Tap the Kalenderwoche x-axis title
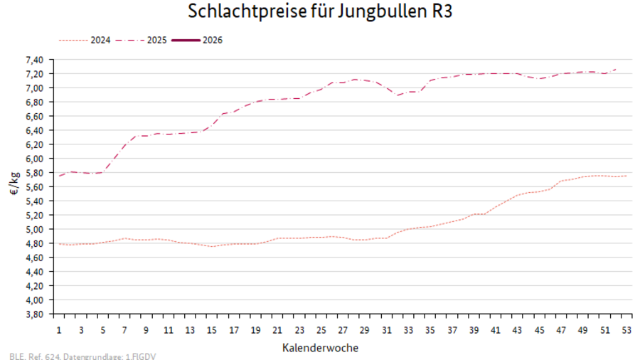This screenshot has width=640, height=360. [320, 348]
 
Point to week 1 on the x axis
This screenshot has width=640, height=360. [59, 331]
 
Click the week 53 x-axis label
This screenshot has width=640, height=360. [626, 331]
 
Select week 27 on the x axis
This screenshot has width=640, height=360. [343, 331]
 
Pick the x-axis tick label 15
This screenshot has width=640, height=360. [212, 331]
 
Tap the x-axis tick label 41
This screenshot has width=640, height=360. [496, 331]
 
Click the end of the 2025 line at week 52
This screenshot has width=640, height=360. [615, 69]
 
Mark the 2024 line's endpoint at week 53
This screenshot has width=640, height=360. [626, 176]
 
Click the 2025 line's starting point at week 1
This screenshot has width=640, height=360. [59, 176]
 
